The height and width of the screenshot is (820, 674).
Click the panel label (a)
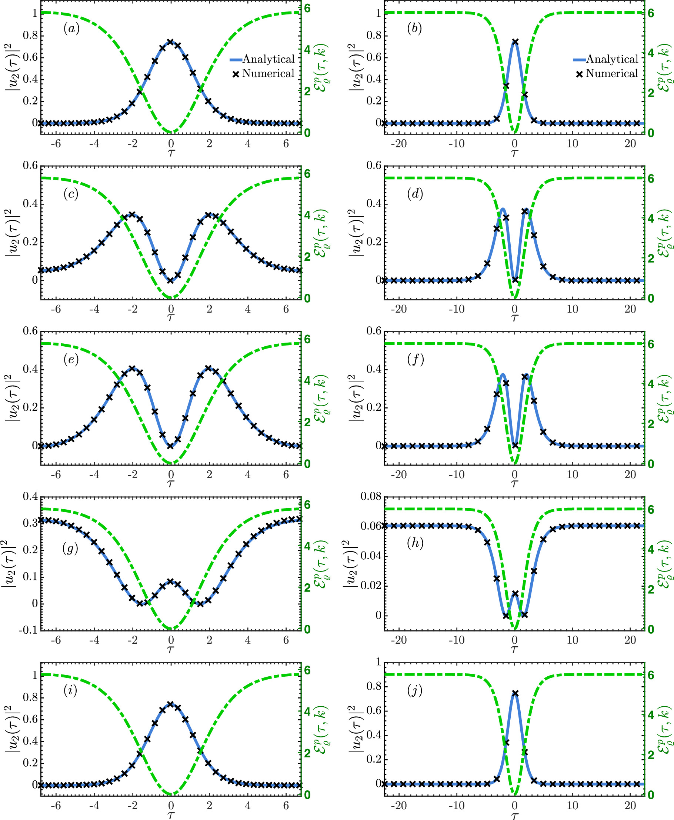click(71, 29)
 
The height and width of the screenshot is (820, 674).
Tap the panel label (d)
click(415, 193)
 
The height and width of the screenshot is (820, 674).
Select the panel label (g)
click(70, 548)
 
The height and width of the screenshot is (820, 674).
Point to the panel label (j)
click(415, 690)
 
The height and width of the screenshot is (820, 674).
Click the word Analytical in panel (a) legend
click(268, 59)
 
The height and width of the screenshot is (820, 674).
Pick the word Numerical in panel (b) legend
click(611, 73)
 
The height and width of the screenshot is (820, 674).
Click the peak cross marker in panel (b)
click(515, 41)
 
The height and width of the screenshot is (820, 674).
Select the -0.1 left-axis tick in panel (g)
click(29, 629)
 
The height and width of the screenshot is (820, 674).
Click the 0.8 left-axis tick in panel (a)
click(31, 35)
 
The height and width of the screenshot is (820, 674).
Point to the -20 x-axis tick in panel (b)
click(399, 144)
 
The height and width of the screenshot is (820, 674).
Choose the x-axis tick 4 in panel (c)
click(248, 309)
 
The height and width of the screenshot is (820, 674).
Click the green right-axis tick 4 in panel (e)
click(307, 380)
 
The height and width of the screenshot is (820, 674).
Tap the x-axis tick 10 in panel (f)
click(572, 474)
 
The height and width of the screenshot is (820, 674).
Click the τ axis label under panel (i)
click(171, 814)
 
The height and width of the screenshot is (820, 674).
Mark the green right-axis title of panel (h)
click(664, 563)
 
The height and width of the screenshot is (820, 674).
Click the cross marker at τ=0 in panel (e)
click(170, 446)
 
